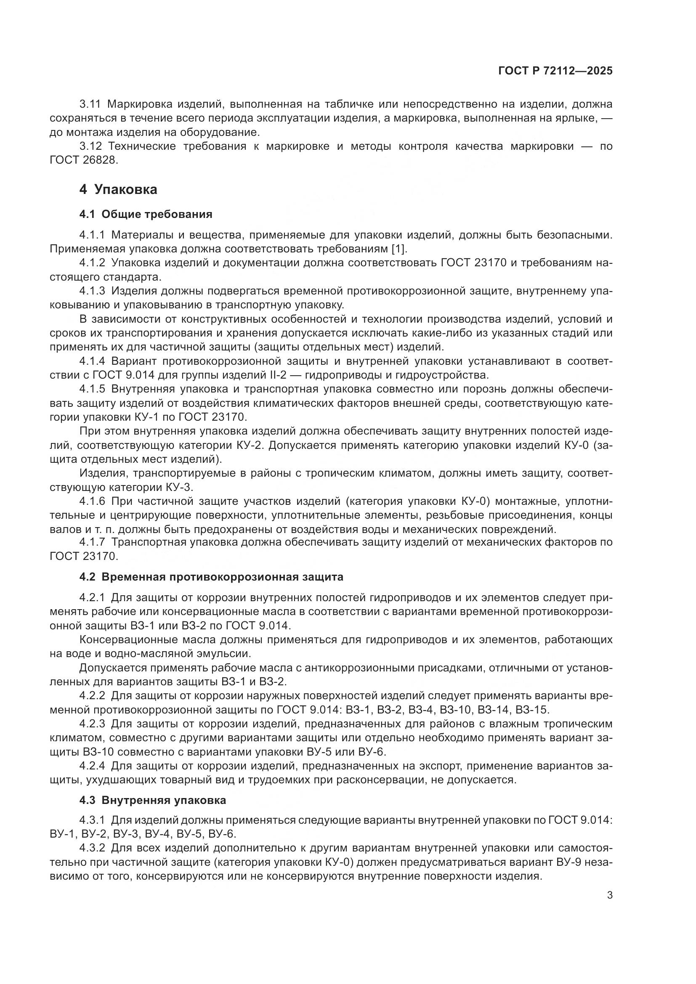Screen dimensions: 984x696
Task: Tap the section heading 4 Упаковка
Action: coord(118,189)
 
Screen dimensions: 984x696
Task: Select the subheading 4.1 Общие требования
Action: coord(146,214)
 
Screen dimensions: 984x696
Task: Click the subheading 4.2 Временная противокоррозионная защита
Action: coord(211,577)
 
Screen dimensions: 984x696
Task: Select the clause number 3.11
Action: coord(90,104)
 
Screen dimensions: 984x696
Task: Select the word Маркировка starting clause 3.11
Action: coord(140,104)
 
